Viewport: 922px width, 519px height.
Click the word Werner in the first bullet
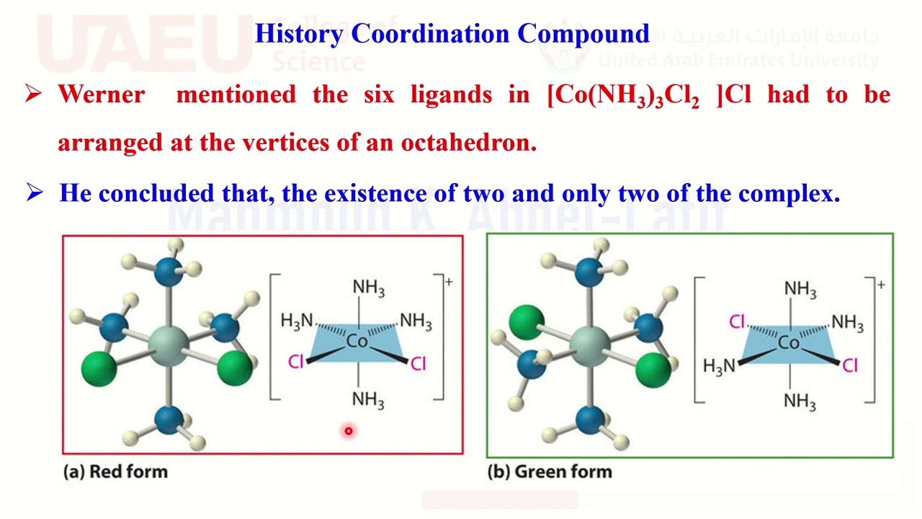(102, 94)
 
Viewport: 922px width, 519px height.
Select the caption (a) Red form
(116, 472)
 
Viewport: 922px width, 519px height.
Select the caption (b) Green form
(550, 472)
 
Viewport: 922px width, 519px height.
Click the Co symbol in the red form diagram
(357, 341)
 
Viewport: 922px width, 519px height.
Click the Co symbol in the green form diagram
(789, 343)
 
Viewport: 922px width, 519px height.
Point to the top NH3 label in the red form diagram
(368, 288)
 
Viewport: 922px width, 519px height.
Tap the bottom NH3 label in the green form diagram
(800, 401)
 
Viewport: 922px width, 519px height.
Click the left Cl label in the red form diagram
(296, 361)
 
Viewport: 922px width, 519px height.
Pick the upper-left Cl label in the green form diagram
(736, 321)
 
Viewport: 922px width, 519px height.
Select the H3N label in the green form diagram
(719, 366)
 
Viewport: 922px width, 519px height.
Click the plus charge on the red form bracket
(449, 282)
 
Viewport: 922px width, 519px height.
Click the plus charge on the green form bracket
(880, 285)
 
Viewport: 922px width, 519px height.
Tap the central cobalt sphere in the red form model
(169, 344)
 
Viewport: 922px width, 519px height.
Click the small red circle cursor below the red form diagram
(348, 431)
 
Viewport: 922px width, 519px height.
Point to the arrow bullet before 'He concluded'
(34, 192)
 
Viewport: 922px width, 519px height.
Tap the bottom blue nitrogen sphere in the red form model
(169, 420)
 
